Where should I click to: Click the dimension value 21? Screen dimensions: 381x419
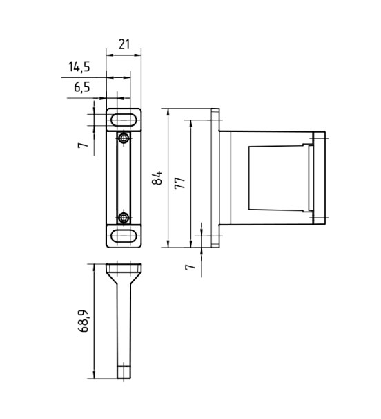(124, 44)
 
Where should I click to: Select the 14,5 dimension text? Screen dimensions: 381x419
(79, 66)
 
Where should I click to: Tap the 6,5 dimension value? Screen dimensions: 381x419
(82, 87)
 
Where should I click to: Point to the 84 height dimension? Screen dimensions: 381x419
(157, 178)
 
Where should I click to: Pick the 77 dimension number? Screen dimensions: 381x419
(180, 183)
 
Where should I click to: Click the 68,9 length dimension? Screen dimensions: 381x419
(83, 321)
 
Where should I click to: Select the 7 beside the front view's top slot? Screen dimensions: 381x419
(83, 145)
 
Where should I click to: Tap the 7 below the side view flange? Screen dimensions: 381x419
(190, 266)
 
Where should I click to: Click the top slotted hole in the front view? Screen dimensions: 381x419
(124, 120)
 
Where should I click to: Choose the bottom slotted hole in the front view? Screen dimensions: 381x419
(124, 236)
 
